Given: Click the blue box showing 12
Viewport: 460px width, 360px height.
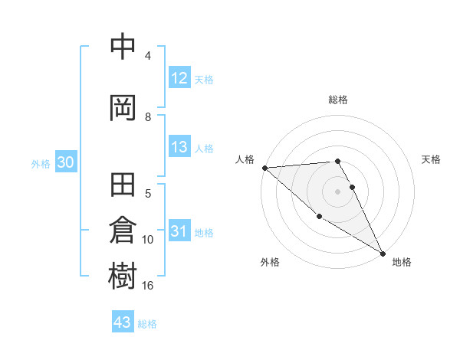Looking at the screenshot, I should click(x=179, y=78).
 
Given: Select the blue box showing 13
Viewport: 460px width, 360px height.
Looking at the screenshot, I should click(x=179, y=148).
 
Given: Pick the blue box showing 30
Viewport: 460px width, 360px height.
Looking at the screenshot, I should click(x=64, y=163).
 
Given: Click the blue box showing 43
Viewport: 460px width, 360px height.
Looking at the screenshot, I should click(x=123, y=322).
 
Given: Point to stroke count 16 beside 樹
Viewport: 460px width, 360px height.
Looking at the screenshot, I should click(x=148, y=286).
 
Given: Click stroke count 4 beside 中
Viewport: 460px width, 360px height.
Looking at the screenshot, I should click(x=148, y=56).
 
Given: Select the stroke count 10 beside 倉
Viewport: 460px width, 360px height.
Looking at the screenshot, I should click(x=148, y=240).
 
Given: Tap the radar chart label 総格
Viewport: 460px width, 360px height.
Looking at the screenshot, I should click(x=337, y=100).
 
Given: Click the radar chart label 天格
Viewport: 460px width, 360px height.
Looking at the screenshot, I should click(x=431, y=159).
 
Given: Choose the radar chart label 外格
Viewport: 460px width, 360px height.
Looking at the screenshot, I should click(x=270, y=262).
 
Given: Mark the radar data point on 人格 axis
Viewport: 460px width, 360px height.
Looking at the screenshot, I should click(x=264, y=167).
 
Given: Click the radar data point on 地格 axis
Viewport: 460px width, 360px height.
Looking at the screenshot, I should click(x=383, y=252).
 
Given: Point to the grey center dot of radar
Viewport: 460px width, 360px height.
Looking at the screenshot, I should click(x=337, y=191).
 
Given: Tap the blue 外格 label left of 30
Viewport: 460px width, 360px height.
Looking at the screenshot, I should click(x=41, y=164).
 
